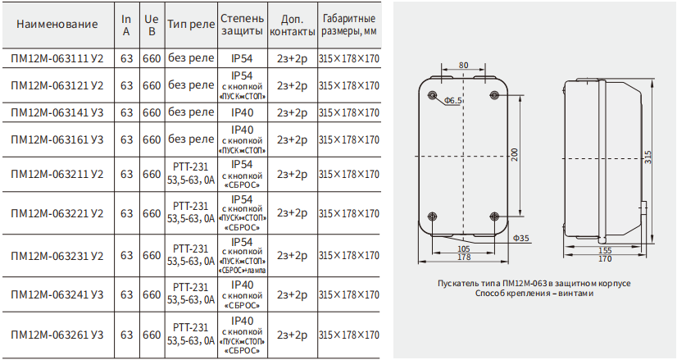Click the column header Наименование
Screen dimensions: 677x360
(x=57, y=25)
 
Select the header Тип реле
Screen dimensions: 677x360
(x=191, y=25)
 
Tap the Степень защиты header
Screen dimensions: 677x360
(x=242, y=25)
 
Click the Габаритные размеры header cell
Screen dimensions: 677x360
(x=349, y=25)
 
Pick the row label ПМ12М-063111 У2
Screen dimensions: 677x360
(x=57, y=58)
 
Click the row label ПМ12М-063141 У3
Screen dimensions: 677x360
(x=57, y=112)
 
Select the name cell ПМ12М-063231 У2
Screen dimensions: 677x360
(x=57, y=255)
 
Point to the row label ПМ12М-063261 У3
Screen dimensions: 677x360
(x=57, y=335)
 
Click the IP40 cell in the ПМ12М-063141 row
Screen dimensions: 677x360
(x=243, y=112)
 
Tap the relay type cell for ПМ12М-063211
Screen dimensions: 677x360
(x=191, y=174)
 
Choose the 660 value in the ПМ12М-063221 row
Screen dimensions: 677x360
(x=152, y=213)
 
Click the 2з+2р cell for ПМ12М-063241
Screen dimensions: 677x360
(x=293, y=294)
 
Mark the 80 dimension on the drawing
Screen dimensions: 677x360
(x=463, y=66)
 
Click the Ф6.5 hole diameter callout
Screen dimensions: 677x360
(x=453, y=101)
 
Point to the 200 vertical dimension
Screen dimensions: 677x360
(x=515, y=154)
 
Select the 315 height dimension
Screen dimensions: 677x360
(x=648, y=157)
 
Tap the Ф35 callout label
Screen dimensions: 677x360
(x=521, y=238)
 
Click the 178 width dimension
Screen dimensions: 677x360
(x=464, y=257)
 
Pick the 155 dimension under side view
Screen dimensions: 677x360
(x=605, y=251)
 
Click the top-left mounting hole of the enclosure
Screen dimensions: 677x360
(x=432, y=95)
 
